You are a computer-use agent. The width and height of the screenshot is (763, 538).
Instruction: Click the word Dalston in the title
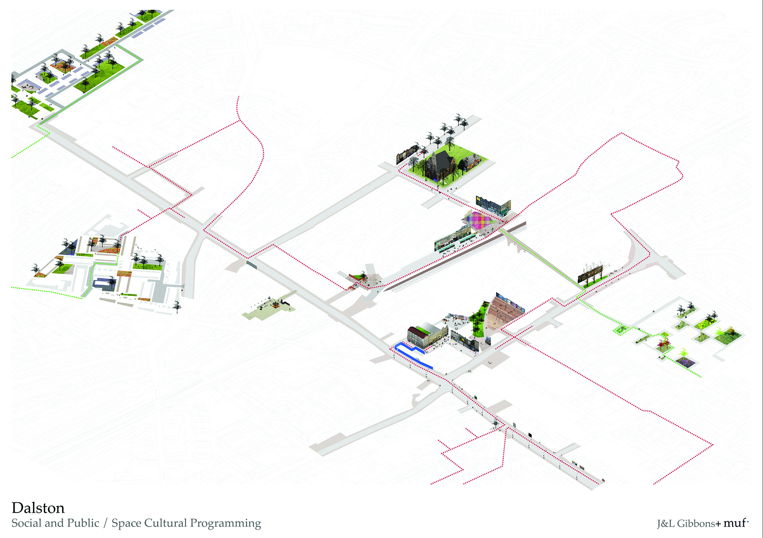point(38,508)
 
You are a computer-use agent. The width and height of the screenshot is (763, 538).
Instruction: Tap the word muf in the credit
point(734,523)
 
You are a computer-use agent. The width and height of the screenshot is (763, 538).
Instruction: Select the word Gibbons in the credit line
point(696,524)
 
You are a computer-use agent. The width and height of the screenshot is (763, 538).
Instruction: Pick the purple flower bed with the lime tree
point(685,362)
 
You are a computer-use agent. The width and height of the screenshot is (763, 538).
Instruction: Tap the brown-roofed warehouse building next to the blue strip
point(424,336)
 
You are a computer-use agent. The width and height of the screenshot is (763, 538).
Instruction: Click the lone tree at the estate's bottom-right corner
point(177,306)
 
